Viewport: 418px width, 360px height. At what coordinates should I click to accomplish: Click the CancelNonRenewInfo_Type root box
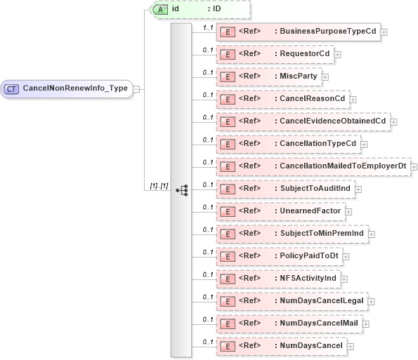click(x=67, y=88)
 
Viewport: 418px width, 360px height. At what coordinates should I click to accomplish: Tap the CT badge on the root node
click(x=12, y=88)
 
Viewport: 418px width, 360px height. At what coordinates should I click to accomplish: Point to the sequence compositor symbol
click(x=182, y=189)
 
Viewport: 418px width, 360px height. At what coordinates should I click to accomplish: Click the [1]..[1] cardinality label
click(x=158, y=185)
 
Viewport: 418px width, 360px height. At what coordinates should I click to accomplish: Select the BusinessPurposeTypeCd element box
click(x=298, y=32)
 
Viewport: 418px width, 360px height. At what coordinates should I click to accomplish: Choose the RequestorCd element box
click(x=275, y=54)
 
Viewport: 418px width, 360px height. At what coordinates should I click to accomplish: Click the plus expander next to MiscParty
click(x=325, y=76)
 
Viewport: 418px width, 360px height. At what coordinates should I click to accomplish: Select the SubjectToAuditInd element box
click(x=285, y=189)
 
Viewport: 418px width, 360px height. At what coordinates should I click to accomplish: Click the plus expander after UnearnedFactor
click(x=348, y=211)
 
